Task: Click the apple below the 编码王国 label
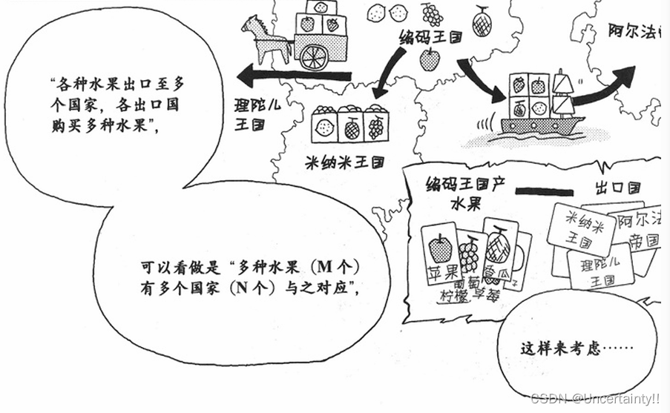(429, 59)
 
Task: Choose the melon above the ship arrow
(482, 20)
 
